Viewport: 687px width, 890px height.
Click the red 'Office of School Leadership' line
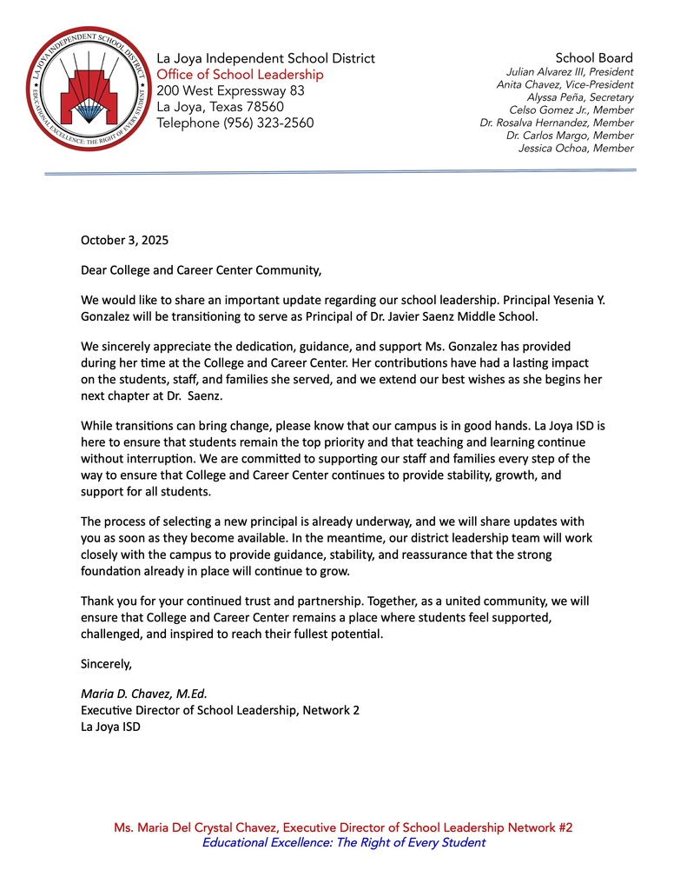240,75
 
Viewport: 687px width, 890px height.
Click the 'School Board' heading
594,58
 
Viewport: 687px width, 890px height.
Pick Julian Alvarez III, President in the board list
570,72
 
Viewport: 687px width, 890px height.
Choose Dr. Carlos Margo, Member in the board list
570,136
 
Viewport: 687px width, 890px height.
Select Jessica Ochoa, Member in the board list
576,149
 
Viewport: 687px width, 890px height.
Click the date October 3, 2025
124,239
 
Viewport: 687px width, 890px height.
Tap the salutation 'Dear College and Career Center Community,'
201,269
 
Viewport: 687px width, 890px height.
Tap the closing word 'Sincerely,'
106,664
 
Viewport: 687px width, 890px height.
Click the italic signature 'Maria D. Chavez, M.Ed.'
144,694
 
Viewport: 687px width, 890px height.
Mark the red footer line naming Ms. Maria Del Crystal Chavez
343,827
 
